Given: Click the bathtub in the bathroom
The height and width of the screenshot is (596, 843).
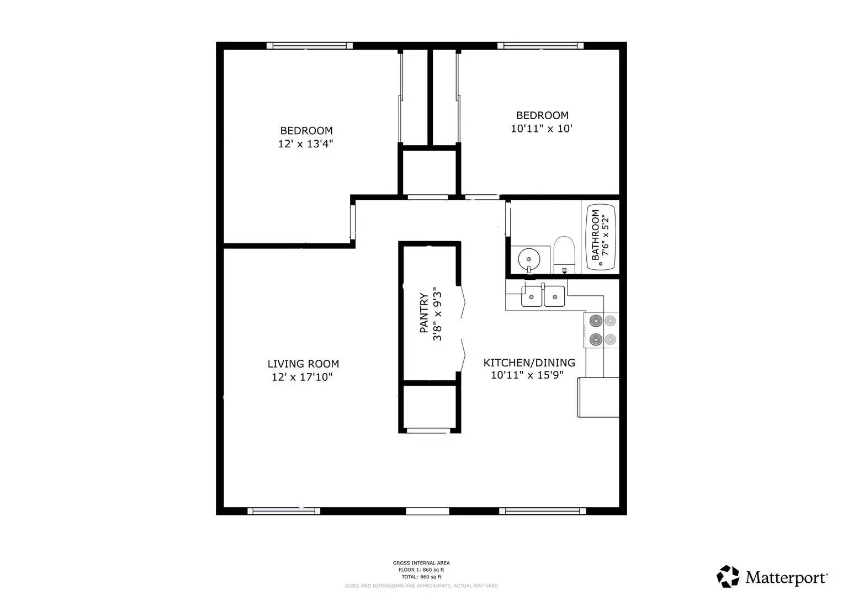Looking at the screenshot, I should pos(601,237).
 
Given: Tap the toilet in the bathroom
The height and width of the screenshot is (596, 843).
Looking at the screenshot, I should pos(564,254).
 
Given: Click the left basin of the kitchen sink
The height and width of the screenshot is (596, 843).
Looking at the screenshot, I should pos(532,296).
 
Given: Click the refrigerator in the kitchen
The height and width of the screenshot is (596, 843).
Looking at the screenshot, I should pos(598,397).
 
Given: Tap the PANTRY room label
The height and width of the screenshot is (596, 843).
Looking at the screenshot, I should pos(424,313).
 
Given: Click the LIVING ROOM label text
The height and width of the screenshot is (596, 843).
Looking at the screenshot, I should pos(303,364).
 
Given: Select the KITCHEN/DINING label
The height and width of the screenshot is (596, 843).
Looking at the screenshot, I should pos(529,363).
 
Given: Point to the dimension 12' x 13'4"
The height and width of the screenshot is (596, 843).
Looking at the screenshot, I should pos(306,144).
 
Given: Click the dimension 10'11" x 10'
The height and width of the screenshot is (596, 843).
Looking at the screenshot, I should pos(542,129).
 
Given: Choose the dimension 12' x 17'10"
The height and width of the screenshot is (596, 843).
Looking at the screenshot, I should pos(302,377).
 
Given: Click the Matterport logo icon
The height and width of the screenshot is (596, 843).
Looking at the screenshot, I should pos(728,576).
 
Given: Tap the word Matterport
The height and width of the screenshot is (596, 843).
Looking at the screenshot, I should pos(786,578).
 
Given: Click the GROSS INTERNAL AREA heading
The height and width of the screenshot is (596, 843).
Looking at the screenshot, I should pos(421,563).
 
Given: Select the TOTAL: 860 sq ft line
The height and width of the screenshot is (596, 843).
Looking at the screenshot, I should pos(421,577).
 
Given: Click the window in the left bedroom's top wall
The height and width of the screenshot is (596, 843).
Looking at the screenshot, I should pos(309,46).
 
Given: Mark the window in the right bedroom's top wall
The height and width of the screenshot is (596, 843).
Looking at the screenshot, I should pos(540,46).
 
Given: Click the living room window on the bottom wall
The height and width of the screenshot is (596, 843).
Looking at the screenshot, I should pos(283,511).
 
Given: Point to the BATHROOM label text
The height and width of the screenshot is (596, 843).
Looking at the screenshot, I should pos(595,235).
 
